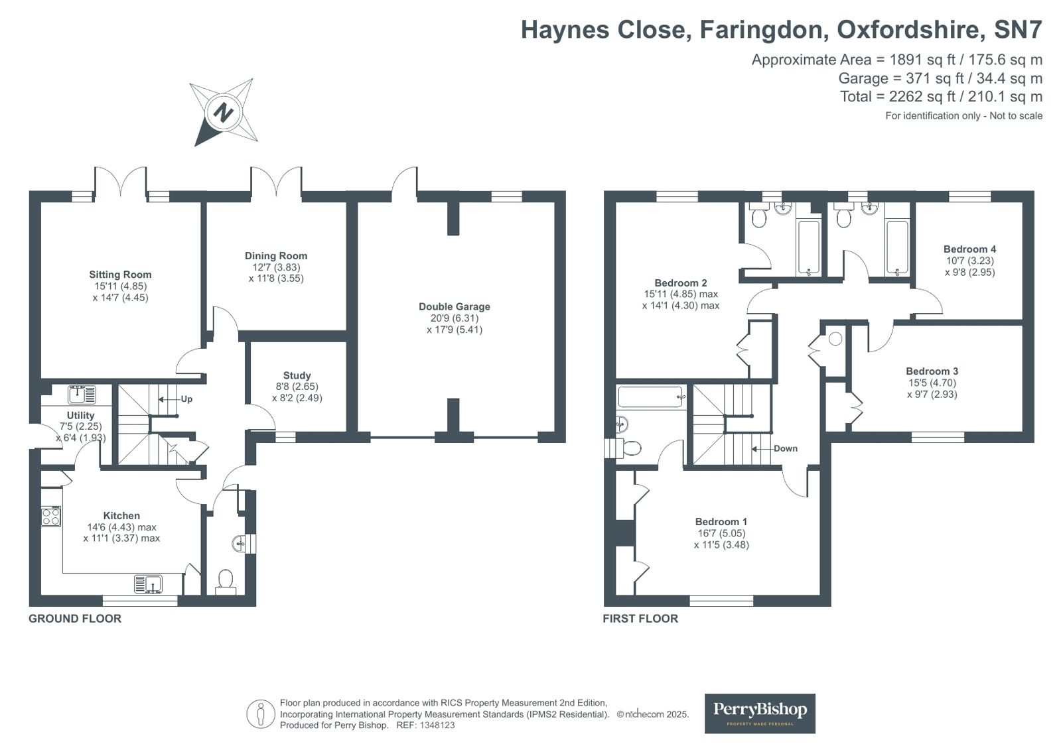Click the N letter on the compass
[x=223, y=113]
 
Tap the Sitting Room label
[x=120, y=275]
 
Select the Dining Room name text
[x=276, y=256]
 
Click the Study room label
[x=297, y=375]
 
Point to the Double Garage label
[x=455, y=306]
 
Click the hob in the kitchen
[x=50, y=516]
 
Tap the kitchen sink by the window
[x=148, y=584]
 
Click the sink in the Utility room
[x=82, y=395]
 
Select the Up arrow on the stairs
[x=167, y=399]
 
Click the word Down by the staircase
[x=786, y=448]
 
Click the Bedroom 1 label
[x=721, y=522]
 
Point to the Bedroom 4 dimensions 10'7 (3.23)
[x=969, y=261]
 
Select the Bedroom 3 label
[x=932, y=371]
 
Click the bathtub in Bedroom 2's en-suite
[x=809, y=247]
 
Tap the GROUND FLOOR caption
[x=75, y=619]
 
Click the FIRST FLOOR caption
[x=640, y=619]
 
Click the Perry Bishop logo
[x=760, y=714]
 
